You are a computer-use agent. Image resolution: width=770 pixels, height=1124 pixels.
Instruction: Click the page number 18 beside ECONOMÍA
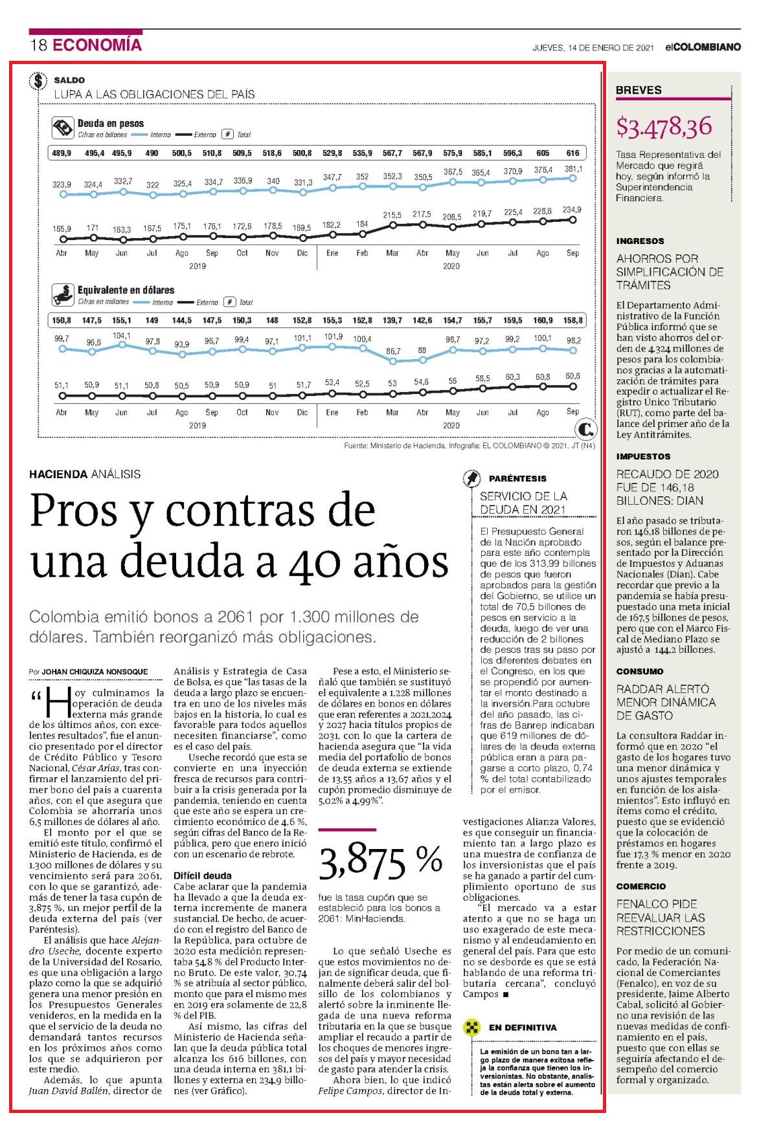point(38,45)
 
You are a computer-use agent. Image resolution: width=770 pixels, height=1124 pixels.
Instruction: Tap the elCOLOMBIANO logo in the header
point(703,47)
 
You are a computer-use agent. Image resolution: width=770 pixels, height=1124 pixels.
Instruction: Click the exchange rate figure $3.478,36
point(664,126)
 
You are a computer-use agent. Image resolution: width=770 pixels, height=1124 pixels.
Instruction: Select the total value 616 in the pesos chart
point(572,153)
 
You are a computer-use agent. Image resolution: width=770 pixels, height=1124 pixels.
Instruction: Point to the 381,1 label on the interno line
point(573,169)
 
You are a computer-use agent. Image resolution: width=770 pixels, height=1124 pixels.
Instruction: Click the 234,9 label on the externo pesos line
point(572,210)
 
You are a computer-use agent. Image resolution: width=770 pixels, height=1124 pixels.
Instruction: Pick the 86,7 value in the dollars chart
point(393,351)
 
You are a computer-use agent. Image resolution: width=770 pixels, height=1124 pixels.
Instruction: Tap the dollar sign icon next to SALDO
point(39,81)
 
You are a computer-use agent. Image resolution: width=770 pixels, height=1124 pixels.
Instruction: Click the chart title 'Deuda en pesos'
point(111,123)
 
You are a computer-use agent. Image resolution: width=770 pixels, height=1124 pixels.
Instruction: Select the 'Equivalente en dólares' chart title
point(126,290)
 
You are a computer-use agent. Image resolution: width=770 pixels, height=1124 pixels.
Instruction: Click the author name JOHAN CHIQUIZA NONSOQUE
point(95,672)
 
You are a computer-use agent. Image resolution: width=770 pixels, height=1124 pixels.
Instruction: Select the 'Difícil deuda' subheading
point(203,876)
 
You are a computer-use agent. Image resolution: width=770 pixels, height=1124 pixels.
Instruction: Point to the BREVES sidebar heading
point(639,90)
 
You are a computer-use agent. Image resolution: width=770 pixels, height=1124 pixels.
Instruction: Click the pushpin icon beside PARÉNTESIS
point(472,478)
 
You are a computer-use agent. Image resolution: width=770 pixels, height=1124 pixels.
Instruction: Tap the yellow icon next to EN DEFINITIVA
point(472,1027)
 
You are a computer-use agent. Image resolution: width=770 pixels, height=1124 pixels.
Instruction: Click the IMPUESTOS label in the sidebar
point(643,456)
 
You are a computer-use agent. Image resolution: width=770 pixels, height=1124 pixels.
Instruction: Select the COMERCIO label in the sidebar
point(640,887)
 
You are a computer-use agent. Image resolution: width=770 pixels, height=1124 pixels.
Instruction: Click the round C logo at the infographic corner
point(586,428)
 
